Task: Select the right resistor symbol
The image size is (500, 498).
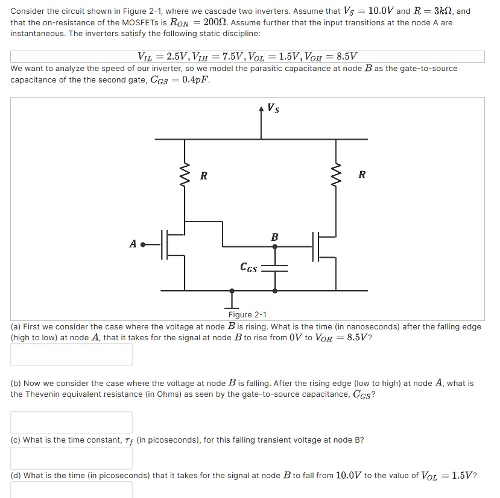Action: pos(336,175)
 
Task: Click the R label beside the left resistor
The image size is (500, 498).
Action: pos(203,176)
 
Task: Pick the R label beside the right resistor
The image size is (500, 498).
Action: pos(361,175)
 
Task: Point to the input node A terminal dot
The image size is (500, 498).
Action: pos(143,245)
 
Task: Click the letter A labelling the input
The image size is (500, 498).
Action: pos(132,244)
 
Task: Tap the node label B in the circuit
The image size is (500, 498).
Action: pos(274,237)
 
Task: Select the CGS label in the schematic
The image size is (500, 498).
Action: pos(249,267)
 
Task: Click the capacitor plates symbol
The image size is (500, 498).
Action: pos(275,267)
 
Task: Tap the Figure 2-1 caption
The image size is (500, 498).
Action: pos(247,314)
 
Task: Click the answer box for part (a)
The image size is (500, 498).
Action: pos(71,354)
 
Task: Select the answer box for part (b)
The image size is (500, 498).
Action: pos(71,422)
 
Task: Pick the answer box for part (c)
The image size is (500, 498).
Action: pos(71,458)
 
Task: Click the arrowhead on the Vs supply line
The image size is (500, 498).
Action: pos(261,109)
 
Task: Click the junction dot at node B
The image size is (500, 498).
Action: pos(275,246)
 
